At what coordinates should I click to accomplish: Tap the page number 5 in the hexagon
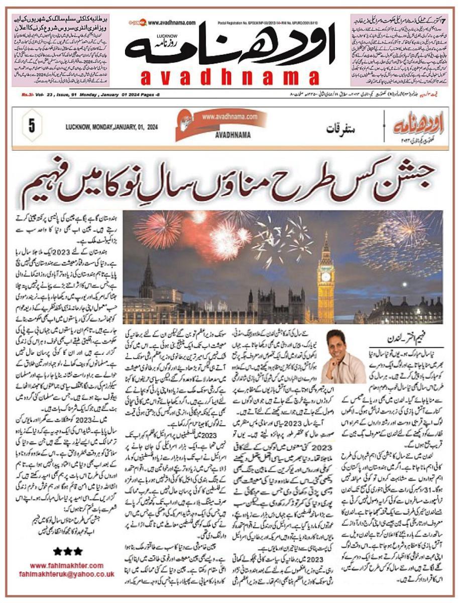(x=31, y=126)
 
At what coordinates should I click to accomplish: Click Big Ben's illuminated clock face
(x=326, y=277)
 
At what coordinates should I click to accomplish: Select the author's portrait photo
(x=343, y=356)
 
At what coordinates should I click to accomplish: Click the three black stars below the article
(x=64, y=551)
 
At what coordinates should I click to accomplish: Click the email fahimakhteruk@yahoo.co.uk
(x=66, y=574)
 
